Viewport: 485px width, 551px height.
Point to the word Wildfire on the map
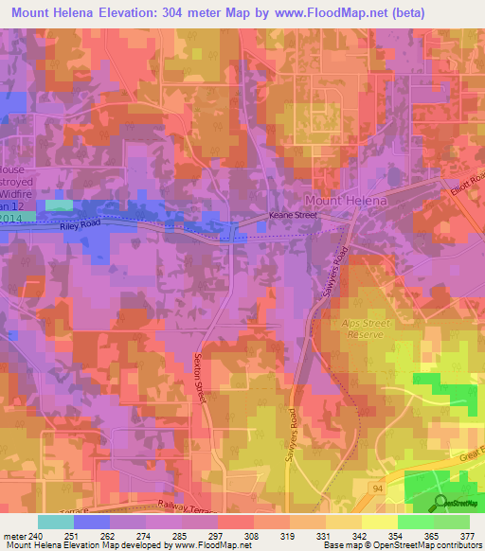click(x=16, y=192)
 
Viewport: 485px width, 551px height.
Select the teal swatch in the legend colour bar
click(x=56, y=521)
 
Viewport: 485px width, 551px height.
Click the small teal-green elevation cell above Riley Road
click(x=58, y=204)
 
